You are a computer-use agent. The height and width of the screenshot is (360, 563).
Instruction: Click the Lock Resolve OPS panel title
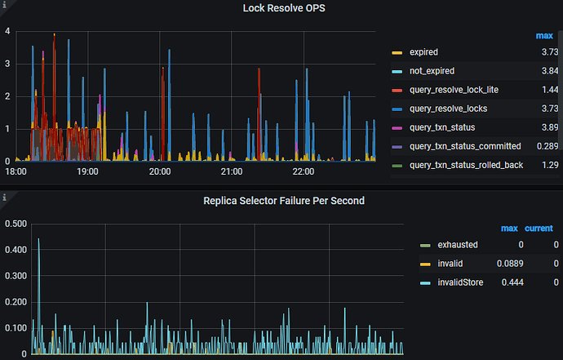(x=281, y=8)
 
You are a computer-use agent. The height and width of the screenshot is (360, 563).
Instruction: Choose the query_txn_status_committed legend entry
(x=464, y=146)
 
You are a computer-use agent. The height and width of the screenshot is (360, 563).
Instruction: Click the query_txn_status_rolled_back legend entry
(x=465, y=165)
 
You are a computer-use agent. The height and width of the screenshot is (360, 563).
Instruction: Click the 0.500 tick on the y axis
(x=16, y=224)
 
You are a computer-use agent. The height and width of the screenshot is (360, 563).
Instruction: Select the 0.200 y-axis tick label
(x=16, y=302)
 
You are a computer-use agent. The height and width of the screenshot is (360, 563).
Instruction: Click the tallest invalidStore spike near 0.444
(x=38, y=240)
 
